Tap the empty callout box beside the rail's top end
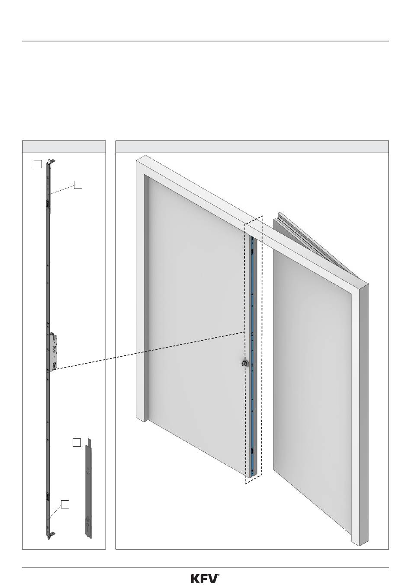(x=38, y=164)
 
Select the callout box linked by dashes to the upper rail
(x=78, y=185)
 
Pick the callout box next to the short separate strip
(x=77, y=442)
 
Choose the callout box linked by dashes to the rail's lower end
(x=65, y=504)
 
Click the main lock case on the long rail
(x=52, y=352)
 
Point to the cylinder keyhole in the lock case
(x=55, y=365)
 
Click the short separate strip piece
(x=88, y=489)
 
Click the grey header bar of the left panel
(x=64, y=147)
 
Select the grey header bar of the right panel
(x=252, y=147)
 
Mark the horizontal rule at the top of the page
(x=205, y=41)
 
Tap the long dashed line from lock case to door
(x=147, y=351)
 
